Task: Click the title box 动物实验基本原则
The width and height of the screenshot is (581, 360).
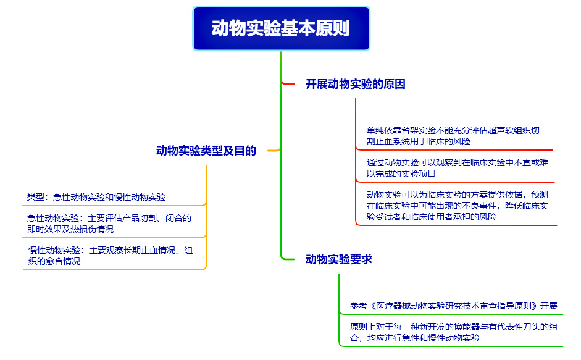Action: point(281,28)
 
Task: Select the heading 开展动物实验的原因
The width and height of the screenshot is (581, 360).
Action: point(356,84)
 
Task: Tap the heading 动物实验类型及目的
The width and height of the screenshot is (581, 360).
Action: point(206,151)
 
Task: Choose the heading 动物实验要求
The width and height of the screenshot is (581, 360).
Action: point(339,259)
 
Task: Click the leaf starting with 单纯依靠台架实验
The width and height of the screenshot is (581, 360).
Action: point(453,136)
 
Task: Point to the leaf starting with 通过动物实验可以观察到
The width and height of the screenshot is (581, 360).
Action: point(458,168)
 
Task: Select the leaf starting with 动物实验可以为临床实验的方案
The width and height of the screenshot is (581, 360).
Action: point(458,206)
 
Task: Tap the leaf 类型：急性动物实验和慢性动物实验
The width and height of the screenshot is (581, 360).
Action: point(96,197)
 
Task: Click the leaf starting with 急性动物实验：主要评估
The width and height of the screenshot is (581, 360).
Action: point(109,224)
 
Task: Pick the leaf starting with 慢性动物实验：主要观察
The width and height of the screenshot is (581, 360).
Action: point(111,256)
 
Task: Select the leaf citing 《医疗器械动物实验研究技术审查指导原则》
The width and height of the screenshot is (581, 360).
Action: point(454,306)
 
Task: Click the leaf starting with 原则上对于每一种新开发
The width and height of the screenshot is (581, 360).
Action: point(454,332)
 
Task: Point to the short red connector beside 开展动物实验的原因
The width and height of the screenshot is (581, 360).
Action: point(288,84)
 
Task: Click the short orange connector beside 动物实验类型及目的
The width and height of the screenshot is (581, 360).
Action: point(274,150)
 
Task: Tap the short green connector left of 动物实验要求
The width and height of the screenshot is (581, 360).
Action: point(288,258)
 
